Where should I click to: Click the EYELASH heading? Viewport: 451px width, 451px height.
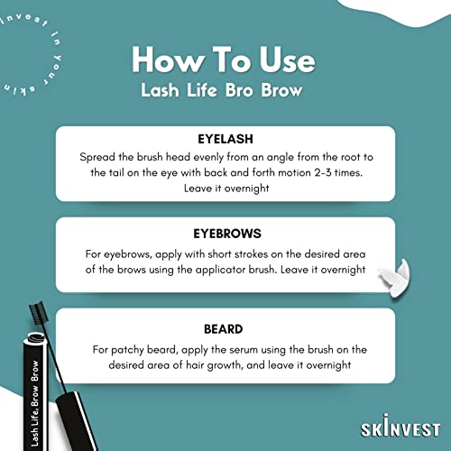click(x=225, y=139)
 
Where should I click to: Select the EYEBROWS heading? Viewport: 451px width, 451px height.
click(x=227, y=234)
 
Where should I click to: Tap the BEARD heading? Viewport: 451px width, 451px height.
click(x=224, y=329)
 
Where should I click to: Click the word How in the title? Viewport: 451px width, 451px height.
click(x=168, y=60)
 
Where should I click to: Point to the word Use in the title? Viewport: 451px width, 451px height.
click(x=288, y=60)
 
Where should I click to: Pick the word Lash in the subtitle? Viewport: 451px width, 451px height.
click(x=160, y=90)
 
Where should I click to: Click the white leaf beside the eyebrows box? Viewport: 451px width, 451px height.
click(x=395, y=278)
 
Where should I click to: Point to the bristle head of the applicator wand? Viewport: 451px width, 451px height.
click(x=38, y=314)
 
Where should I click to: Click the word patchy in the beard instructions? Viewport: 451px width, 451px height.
click(x=127, y=350)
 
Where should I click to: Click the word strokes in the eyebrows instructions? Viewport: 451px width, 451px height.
click(x=251, y=254)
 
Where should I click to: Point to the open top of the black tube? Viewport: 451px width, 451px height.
click(x=35, y=337)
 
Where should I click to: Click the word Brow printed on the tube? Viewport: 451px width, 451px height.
click(x=34, y=371)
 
